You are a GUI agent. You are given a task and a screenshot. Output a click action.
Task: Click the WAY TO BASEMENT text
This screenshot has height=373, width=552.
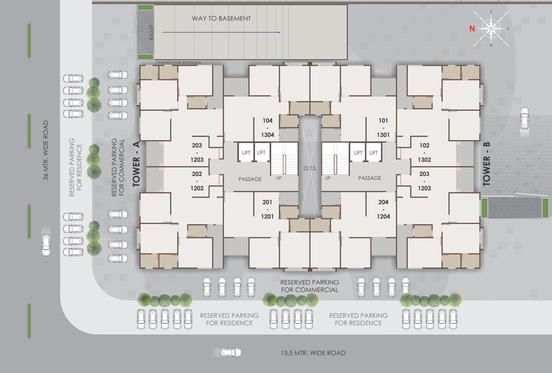pyautogui.click(x=221, y=18)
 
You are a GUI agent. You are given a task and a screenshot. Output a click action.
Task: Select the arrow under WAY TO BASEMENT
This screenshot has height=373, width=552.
pyautogui.click(x=221, y=32)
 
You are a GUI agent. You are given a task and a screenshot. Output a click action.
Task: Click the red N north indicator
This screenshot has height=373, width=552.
pyautogui.click(x=471, y=29)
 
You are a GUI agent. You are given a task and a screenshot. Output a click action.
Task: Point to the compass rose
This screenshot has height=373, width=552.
pyautogui.click(x=491, y=29)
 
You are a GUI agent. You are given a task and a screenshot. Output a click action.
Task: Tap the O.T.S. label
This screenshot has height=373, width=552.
pyautogui.click(x=310, y=168)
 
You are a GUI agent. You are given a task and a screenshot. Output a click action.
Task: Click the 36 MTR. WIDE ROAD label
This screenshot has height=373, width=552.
pyautogui.click(x=46, y=150)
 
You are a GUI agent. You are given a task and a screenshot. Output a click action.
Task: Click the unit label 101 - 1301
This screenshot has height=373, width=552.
pyautogui.click(x=384, y=128)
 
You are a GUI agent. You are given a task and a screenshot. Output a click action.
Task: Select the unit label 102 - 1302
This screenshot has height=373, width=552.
pyautogui.click(x=424, y=152)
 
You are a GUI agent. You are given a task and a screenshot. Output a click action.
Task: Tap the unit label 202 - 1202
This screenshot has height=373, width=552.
pyautogui.click(x=197, y=181)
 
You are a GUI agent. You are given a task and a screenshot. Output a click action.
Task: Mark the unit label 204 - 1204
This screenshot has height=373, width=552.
pyautogui.click(x=384, y=209)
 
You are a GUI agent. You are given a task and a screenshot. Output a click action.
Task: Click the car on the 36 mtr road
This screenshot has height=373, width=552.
pyautogui.click(x=46, y=245)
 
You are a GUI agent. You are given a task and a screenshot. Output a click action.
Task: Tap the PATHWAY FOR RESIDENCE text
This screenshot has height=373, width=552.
pyautogui.click(x=178, y=63)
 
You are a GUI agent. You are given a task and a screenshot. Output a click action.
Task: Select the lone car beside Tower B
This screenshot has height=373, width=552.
pyautogui.click(x=524, y=118)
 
